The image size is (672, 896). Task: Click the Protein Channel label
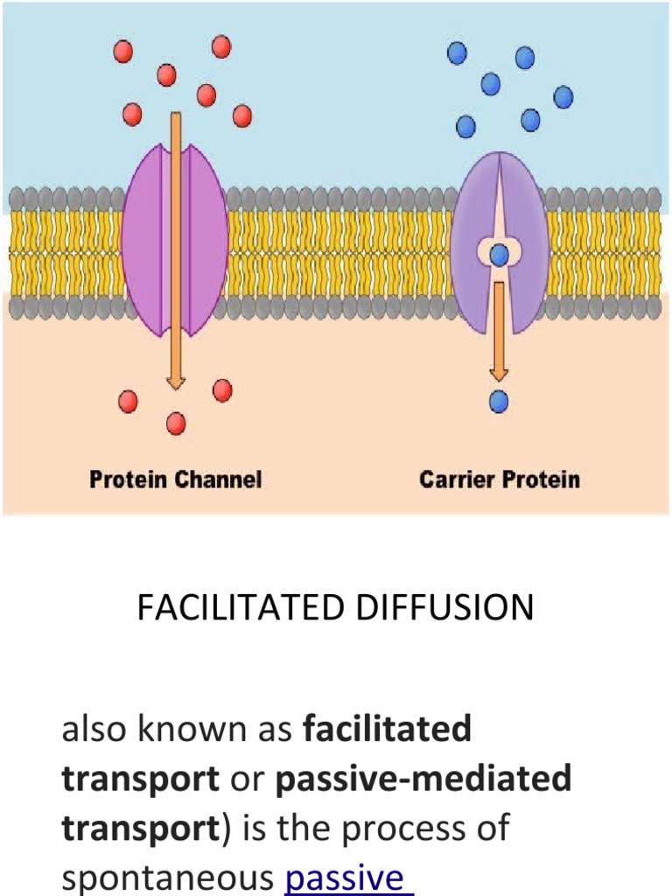tap(175, 479)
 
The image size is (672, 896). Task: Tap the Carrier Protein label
tap(499, 479)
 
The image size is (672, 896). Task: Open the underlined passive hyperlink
tap(347, 878)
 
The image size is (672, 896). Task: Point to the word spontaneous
tap(169, 878)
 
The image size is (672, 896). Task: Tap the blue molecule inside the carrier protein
tap(499, 255)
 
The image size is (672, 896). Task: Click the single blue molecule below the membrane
tap(499, 402)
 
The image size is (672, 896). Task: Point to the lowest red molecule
tap(176, 423)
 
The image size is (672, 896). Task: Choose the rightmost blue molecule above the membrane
tap(563, 97)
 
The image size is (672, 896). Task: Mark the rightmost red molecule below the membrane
tap(222, 390)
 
